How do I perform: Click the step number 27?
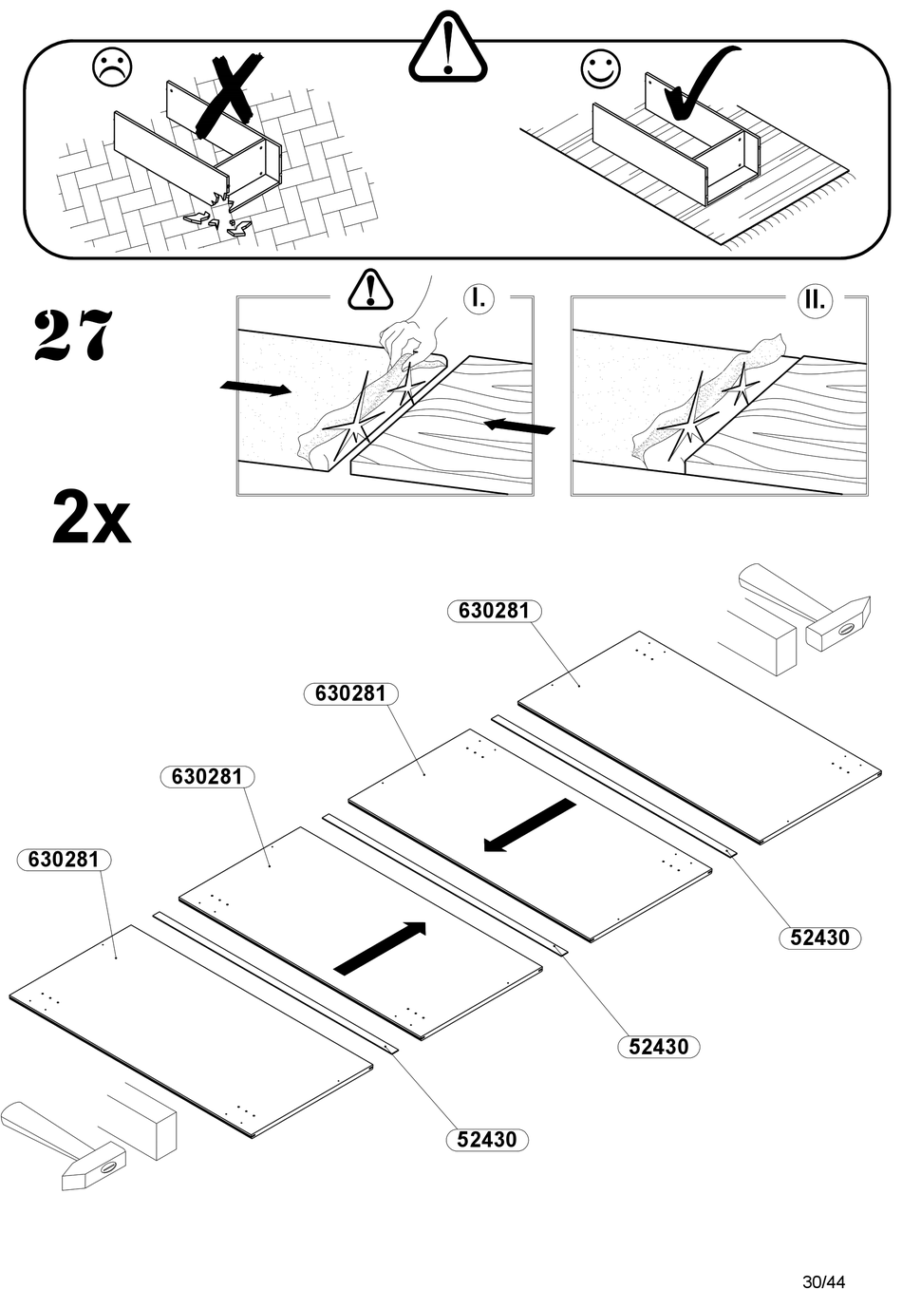tap(74, 334)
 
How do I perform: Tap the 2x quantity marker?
tap(91, 518)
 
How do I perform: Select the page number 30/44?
tap(823, 1280)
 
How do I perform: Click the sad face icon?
tap(112, 67)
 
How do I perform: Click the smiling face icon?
tap(600, 68)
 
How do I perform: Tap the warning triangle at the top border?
tap(448, 47)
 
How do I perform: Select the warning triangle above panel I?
tap(370, 290)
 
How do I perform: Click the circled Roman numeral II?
tap(814, 300)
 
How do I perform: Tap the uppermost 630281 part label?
tap(494, 611)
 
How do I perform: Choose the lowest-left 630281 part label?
tap(64, 860)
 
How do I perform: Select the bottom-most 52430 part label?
tap(486, 1139)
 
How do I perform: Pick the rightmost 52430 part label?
tap(819, 938)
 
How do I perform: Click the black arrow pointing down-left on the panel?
tap(528, 825)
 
